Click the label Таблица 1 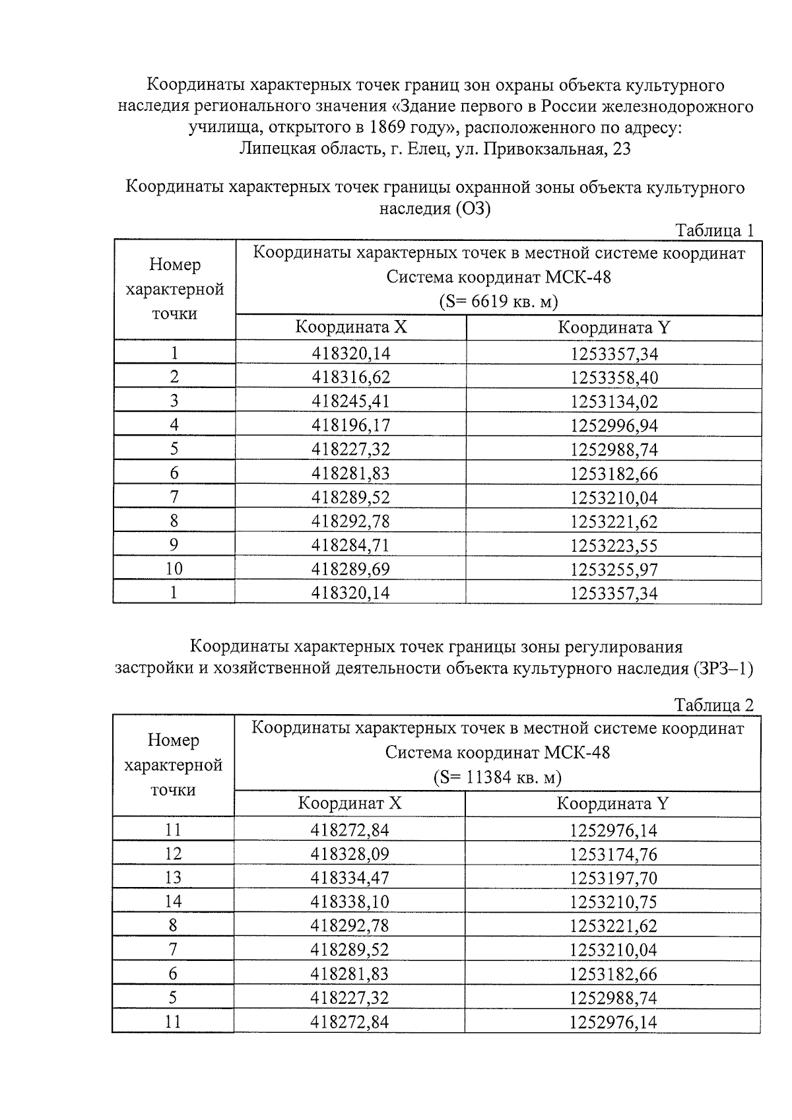pyautogui.click(x=713, y=230)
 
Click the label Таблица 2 pyautogui.click(x=713, y=705)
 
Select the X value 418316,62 pyautogui.click(x=350, y=377)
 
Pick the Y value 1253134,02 pyautogui.click(x=614, y=401)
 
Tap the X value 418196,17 pyautogui.click(x=350, y=425)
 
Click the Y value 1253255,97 pyautogui.click(x=614, y=569)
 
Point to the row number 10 pyautogui.click(x=174, y=568)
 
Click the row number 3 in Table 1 pyautogui.click(x=174, y=401)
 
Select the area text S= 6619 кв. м pyautogui.click(x=498, y=302)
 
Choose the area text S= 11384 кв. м pyautogui.click(x=497, y=777)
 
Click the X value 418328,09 pyautogui.click(x=350, y=853)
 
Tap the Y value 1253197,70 pyautogui.click(x=614, y=878)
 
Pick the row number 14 pyautogui.click(x=173, y=901)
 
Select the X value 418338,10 pyautogui.click(x=350, y=902)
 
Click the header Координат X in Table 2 pyautogui.click(x=350, y=803)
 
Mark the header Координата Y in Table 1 pyautogui.click(x=614, y=328)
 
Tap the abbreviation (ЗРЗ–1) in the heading pyautogui.click(x=723, y=668)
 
